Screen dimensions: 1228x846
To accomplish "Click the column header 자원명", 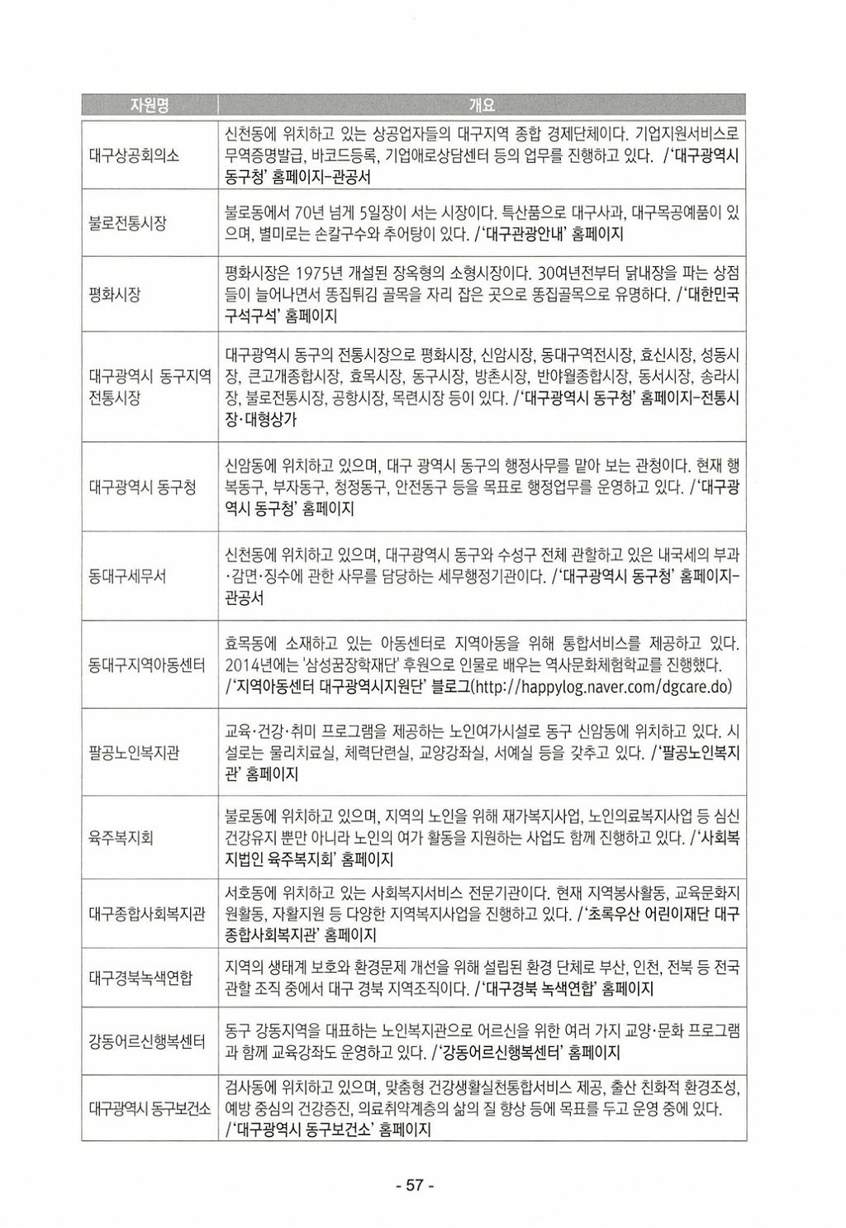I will coord(150,105).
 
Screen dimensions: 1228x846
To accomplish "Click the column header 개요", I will coord(482,105).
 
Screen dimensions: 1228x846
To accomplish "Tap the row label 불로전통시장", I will coord(128,223).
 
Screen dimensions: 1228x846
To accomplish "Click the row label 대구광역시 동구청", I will coord(142,487).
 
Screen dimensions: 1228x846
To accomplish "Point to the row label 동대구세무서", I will coord(127,576).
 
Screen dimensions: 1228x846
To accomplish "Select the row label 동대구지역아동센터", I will coord(147,665).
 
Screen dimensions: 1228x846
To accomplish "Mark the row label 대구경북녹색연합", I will coord(140,978).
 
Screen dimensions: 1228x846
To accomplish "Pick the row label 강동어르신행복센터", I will coord(147,1041).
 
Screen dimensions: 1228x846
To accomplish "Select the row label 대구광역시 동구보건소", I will coord(149,1108).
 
